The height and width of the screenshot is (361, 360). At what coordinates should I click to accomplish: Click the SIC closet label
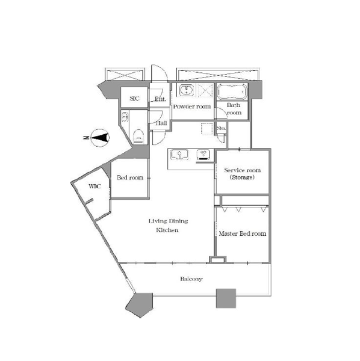tap(134, 99)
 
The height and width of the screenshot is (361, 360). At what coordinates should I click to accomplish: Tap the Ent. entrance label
tap(160, 99)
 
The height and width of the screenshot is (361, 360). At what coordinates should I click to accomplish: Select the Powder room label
tap(192, 106)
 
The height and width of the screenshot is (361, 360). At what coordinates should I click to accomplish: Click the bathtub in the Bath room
tap(232, 91)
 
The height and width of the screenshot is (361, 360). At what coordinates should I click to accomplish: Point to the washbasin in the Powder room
tap(187, 90)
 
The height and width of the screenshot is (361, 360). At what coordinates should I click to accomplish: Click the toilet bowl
tap(138, 136)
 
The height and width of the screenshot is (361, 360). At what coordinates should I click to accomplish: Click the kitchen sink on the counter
tap(179, 154)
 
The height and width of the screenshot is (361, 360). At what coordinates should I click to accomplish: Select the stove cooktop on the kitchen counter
tap(203, 154)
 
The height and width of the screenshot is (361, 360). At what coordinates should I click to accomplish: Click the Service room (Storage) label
tap(242, 174)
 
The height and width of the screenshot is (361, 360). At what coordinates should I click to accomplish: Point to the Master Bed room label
tap(242, 233)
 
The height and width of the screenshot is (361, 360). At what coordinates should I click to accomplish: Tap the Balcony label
tap(191, 279)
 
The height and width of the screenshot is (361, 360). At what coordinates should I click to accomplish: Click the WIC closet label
tap(95, 186)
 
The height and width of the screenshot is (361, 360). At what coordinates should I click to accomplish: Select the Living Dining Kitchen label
tap(168, 226)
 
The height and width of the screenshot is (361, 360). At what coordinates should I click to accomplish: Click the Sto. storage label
tap(221, 128)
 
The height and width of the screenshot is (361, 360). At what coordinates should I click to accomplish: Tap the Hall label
tap(161, 123)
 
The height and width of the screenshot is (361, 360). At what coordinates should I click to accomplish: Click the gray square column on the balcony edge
tap(226, 298)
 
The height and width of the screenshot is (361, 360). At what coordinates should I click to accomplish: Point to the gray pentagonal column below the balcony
tap(140, 304)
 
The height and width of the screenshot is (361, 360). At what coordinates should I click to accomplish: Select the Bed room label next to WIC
tap(130, 177)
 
